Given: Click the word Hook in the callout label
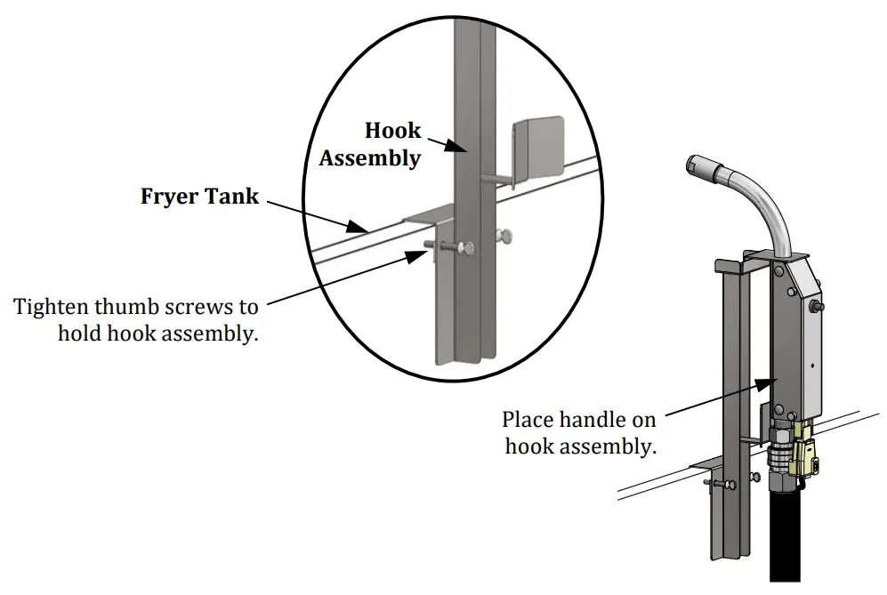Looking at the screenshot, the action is [x=392, y=131].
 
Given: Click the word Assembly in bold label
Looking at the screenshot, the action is [x=370, y=158].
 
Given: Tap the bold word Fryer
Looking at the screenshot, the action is [x=168, y=197].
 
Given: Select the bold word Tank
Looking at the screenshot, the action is [x=231, y=196].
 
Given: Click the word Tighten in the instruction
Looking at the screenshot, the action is [x=51, y=307].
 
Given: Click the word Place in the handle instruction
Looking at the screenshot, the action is [x=525, y=420].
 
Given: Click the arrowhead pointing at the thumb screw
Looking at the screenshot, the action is [x=417, y=255].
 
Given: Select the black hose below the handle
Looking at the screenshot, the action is [x=786, y=532].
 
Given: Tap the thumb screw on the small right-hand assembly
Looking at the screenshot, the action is [x=722, y=484].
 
